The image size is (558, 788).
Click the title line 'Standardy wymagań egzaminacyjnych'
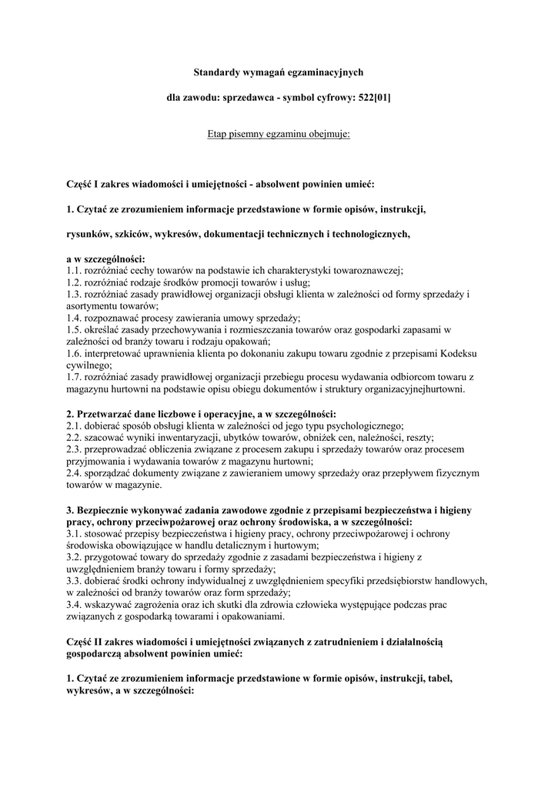point(278,72)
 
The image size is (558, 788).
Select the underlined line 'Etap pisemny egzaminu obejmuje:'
point(279,134)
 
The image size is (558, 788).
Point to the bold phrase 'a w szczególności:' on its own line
point(106,259)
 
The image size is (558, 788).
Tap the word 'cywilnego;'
point(89,365)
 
